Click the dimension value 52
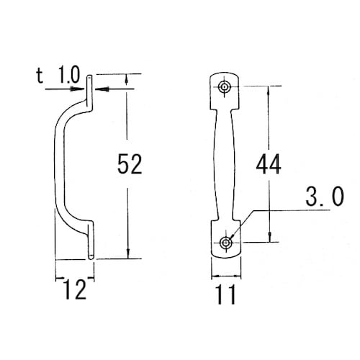130,164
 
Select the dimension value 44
269,164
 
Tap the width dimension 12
76,289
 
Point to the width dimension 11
226,294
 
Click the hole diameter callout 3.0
325,197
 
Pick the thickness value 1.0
69,75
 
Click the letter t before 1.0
40,76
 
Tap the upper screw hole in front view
224,86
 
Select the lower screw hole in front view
225,243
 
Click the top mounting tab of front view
225,91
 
